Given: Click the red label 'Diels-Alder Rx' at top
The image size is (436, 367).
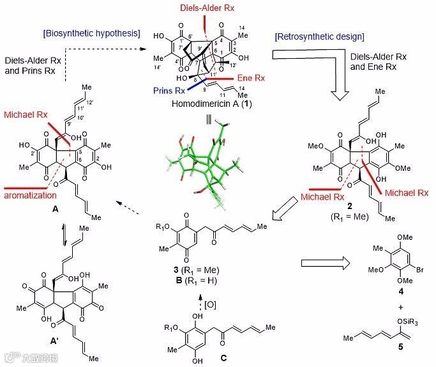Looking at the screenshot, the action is (x=205, y=8).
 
